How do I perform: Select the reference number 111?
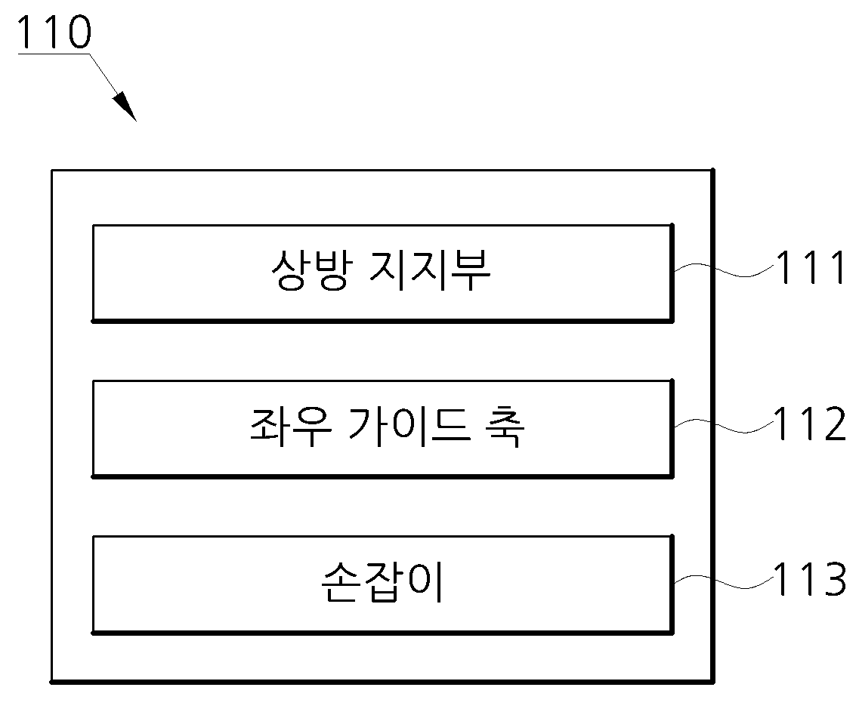(x=811, y=267)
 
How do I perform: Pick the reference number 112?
(x=810, y=424)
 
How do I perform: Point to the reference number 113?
(x=810, y=579)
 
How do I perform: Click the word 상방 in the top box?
(x=310, y=270)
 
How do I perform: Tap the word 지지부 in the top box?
(x=430, y=270)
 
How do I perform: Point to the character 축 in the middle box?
(x=505, y=427)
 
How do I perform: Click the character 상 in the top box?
(x=290, y=270)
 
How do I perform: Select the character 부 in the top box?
(x=471, y=270)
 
